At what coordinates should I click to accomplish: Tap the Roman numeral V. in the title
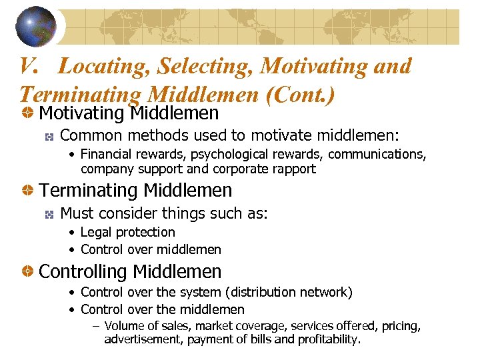[x=32, y=67]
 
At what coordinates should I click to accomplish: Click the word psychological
[x=223, y=155]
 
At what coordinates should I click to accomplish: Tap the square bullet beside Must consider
[x=49, y=214]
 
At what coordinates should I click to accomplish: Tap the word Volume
[x=125, y=326]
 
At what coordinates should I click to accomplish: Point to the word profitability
[x=327, y=339]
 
